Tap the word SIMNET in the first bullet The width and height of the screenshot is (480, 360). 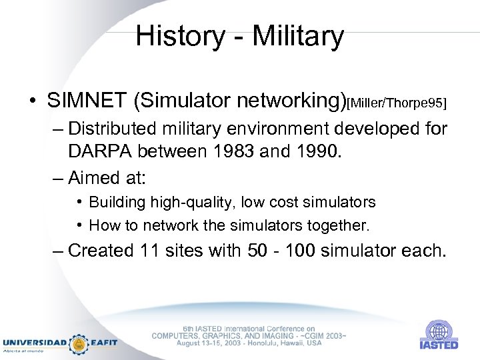pyautogui.click(x=87, y=101)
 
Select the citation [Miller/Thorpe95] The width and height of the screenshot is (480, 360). pyautogui.click(x=397, y=103)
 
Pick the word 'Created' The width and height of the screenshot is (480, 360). pyautogui.click(x=101, y=251)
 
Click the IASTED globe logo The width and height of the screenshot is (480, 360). pyautogui.click(x=438, y=331)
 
